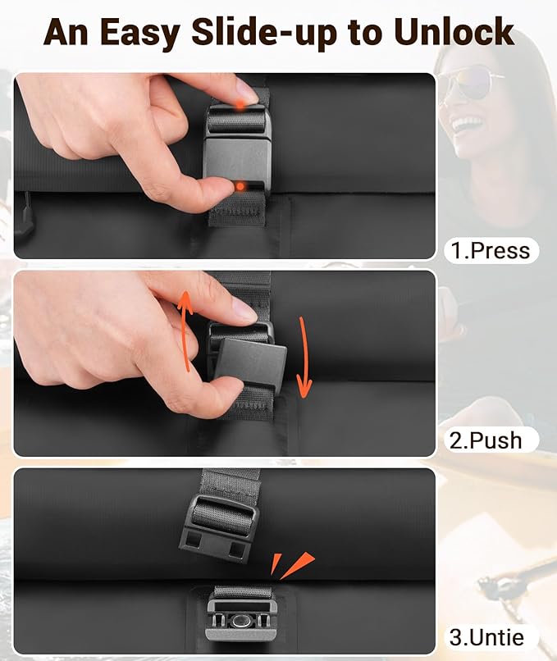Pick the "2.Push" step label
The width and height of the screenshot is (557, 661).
click(486, 440)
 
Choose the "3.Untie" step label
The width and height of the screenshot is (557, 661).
click(487, 636)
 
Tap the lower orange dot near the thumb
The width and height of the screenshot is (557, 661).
click(239, 186)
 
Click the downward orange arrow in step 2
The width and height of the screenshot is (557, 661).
click(305, 362)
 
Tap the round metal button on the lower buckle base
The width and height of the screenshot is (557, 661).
click(239, 623)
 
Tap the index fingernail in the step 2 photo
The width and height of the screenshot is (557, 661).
click(244, 310)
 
